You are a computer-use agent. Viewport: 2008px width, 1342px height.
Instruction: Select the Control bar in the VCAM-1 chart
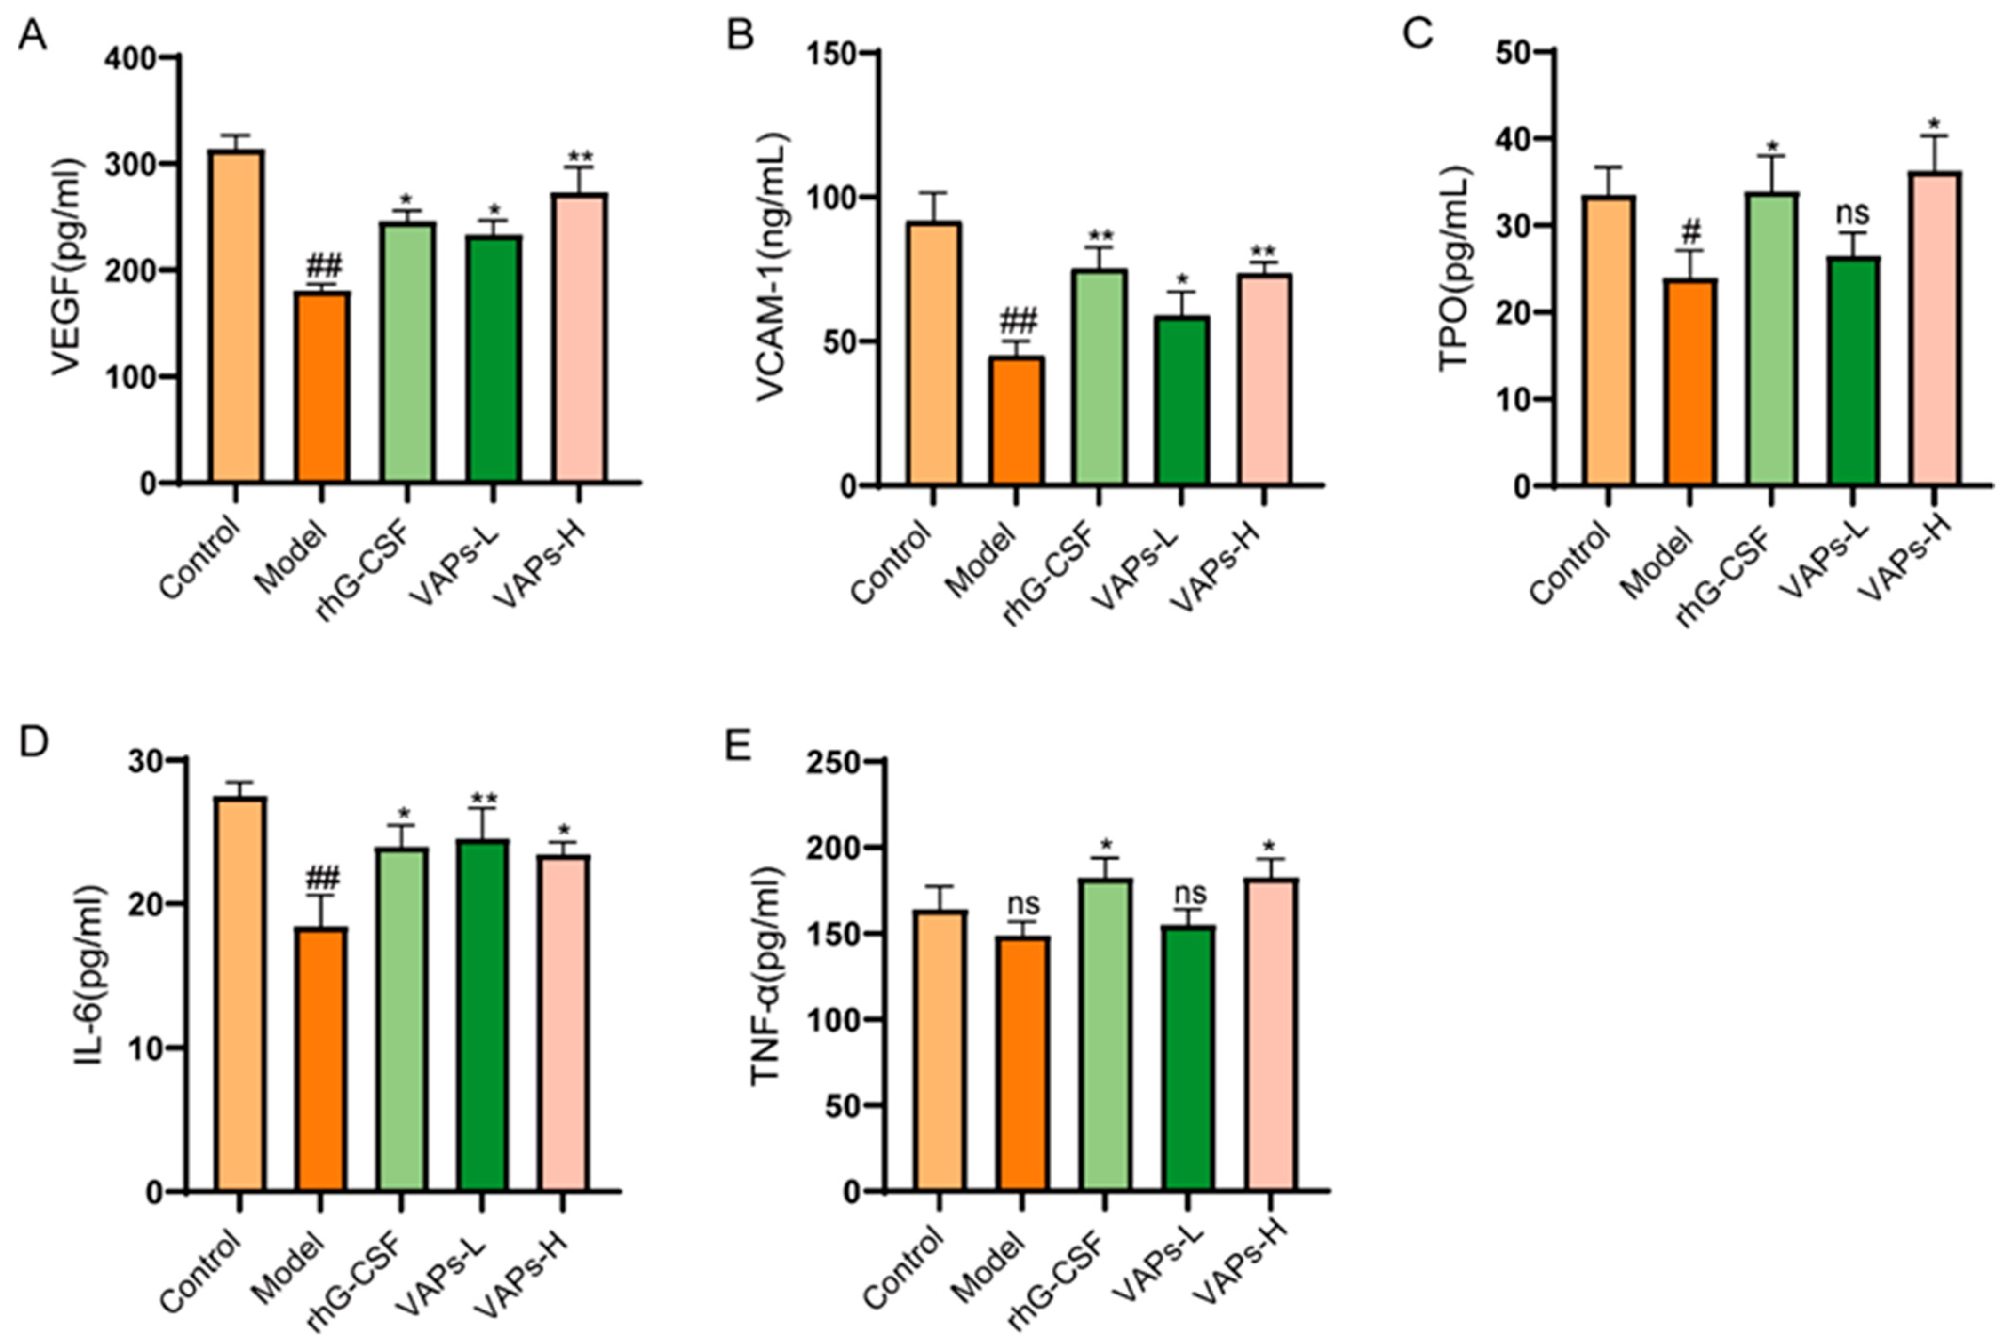click(x=935, y=353)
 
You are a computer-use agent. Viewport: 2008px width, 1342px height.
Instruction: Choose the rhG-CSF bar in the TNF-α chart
click(x=1105, y=1034)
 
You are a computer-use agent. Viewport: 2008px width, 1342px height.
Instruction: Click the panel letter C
click(x=1419, y=34)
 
